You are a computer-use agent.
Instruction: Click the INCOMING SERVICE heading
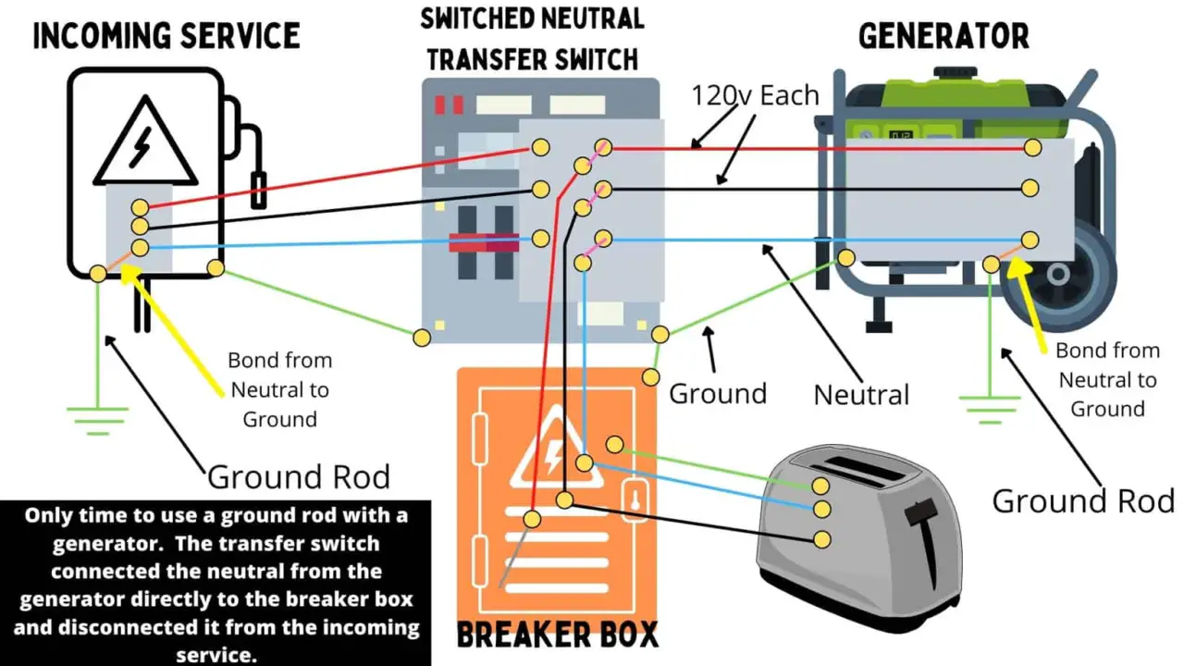(x=166, y=36)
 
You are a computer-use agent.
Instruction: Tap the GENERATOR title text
(x=943, y=36)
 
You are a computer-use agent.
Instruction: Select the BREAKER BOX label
(x=558, y=635)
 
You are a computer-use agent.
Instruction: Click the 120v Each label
(x=756, y=95)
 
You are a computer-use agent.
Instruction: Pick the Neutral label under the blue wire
(x=861, y=395)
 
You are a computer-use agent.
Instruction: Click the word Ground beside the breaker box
(x=718, y=393)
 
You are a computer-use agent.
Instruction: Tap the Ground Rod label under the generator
(x=1083, y=501)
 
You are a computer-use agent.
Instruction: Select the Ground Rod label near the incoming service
(x=298, y=477)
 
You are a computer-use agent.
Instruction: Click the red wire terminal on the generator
(x=1032, y=148)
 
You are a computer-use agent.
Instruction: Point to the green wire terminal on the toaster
(x=820, y=486)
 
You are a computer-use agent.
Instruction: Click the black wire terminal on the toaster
(x=820, y=538)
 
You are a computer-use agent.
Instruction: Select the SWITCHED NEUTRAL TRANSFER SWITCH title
(x=532, y=38)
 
